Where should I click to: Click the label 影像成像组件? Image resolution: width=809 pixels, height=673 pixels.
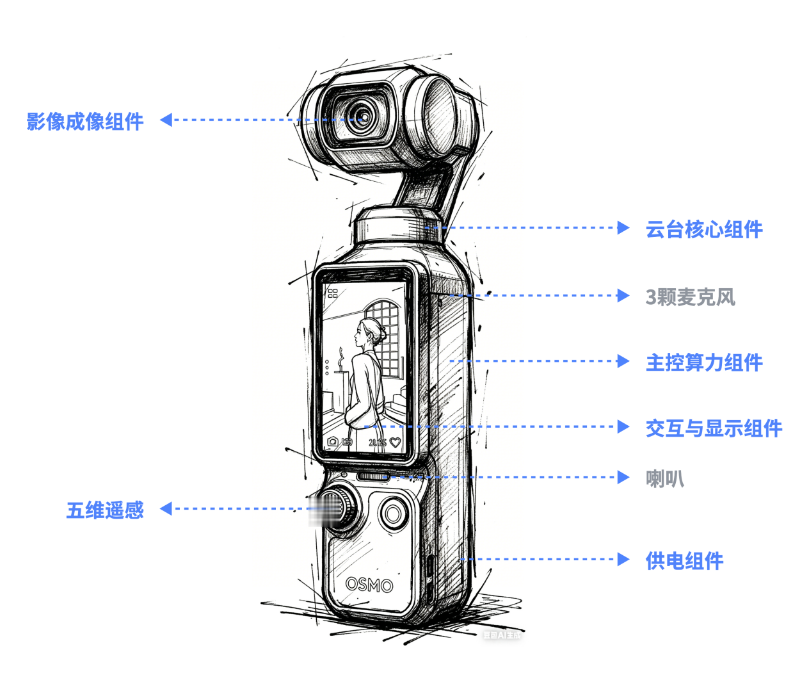point(84,121)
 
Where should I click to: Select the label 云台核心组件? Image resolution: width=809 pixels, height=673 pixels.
point(703,229)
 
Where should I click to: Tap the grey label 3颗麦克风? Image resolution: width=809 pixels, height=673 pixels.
point(690,297)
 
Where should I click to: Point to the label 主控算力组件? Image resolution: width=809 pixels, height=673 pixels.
point(703,362)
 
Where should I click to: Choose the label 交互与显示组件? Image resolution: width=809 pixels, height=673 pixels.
point(713,428)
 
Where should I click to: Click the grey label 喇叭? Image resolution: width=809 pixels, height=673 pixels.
point(664,478)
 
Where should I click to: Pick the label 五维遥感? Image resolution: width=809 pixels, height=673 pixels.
point(105,510)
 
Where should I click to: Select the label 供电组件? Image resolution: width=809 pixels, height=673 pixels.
point(684,561)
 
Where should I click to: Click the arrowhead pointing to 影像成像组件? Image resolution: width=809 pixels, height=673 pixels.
point(166,120)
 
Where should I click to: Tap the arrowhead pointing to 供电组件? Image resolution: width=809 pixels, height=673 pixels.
point(623,559)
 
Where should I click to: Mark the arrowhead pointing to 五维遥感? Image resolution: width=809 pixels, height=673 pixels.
point(166,508)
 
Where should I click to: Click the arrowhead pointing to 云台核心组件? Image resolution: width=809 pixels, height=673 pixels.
point(623,227)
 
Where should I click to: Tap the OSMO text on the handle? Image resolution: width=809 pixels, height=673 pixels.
point(369,584)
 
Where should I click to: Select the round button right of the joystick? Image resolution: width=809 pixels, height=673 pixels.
point(393,513)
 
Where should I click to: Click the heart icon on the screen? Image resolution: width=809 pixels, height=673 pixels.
point(395,442)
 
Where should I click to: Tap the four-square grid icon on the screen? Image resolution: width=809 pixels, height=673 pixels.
point(333,293)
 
